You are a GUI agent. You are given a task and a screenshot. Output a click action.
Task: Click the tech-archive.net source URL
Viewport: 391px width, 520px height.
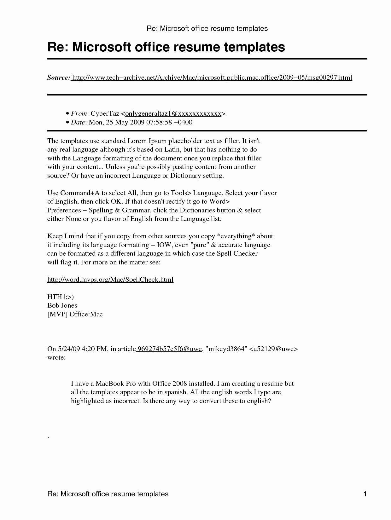(212, 78)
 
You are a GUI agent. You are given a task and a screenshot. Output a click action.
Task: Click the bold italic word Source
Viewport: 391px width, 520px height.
(59, 78)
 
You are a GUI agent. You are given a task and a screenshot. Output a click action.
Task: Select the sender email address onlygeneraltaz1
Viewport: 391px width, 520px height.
(173, 113)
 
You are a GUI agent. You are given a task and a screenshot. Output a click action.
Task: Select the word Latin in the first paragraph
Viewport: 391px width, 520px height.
(172, 149)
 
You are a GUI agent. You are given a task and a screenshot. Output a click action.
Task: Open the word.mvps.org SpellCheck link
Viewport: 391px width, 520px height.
(110, 280)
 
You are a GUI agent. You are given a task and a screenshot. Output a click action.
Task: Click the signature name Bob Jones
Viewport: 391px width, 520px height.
(62, 305)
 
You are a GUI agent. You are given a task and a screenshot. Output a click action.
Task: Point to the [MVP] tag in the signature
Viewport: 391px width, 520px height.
(57, 314)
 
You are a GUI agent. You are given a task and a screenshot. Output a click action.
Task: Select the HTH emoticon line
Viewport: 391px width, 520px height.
(61, 297)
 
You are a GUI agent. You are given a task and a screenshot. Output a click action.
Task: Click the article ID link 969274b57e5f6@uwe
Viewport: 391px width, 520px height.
(169, 349)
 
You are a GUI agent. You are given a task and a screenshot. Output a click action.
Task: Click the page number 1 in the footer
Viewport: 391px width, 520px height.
(365, 494)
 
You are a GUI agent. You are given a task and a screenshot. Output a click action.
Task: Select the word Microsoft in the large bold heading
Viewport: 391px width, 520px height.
(102, 47)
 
